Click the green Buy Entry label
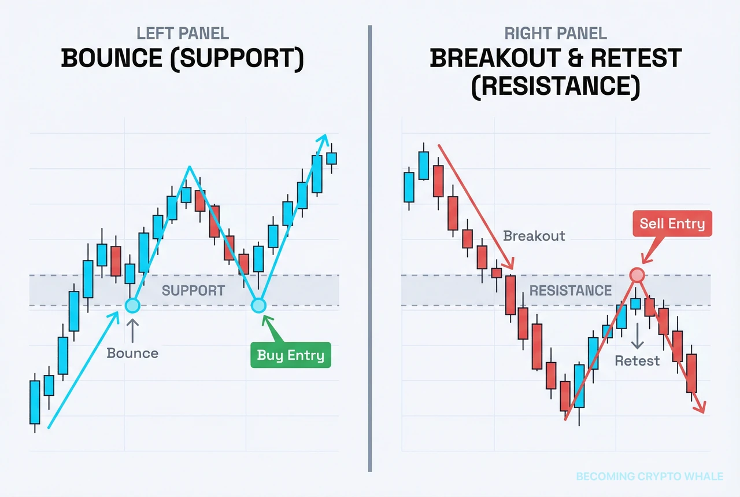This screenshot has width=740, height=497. pos(290,355)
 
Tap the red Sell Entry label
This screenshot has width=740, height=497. pos(672,224)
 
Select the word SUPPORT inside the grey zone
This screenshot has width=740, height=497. pos(193,290)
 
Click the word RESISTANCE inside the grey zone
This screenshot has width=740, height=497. pos(570,290)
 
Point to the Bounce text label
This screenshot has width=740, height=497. pos(132,353)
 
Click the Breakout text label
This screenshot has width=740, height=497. pos(534,236)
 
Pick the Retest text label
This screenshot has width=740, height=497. pos(637,361)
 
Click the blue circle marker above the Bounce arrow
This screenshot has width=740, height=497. pos(132,305)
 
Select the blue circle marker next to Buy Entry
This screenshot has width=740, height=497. pos(258,305)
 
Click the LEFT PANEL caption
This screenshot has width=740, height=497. pos(183,34)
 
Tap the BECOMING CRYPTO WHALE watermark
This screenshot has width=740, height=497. pos(649,477)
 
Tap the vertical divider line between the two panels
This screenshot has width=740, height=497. pos(369,249)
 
